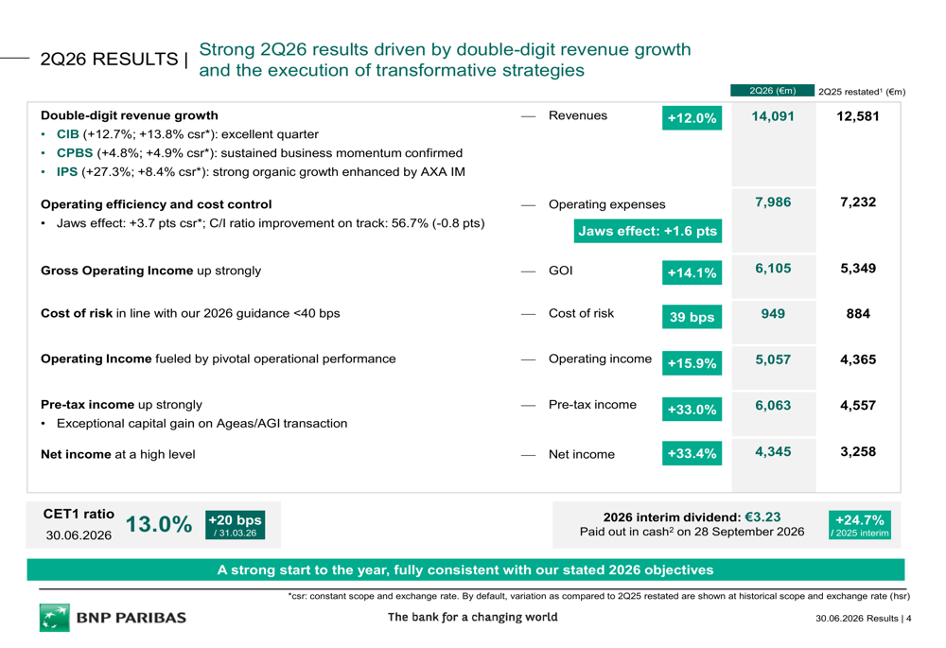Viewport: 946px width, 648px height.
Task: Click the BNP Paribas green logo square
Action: tap(54, 617)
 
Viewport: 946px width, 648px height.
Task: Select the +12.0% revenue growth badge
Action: tap(692, 117)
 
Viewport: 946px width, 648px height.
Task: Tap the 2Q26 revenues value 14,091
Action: tap(772, 116)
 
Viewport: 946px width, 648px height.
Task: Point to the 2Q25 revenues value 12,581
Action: tap(857, 116)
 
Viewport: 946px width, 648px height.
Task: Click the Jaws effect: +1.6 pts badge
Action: tap(647, 231)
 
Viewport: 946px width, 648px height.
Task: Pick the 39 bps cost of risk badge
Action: tap(692, 317)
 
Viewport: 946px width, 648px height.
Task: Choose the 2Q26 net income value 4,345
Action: tap(773, 452)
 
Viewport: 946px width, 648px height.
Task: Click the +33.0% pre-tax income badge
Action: tap(692, 409)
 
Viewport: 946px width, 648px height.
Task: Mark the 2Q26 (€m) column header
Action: tap(772, 91)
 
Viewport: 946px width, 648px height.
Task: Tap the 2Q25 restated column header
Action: tap(862, 92)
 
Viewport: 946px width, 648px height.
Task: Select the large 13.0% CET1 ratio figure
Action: tap(159, 524)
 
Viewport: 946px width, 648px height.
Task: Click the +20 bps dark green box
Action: tap(235, 525)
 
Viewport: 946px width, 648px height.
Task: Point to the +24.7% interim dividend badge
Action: tap(859, 525)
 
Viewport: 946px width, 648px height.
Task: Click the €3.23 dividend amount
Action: tap(762, 517)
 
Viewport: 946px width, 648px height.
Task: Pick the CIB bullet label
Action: tap(67, 134)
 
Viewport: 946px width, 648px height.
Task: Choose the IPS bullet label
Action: tap(67, 172)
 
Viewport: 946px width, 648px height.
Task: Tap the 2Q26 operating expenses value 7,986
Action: tap(773, 202)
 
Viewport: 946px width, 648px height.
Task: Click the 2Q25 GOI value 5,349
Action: tap(858, 269)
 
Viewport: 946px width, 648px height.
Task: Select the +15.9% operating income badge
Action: tap(692, 363)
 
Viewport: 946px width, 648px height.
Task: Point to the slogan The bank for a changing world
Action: tap(472, 617)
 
